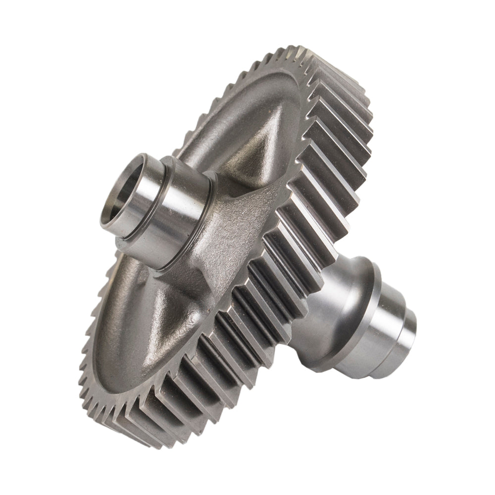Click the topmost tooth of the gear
pos(302,52)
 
